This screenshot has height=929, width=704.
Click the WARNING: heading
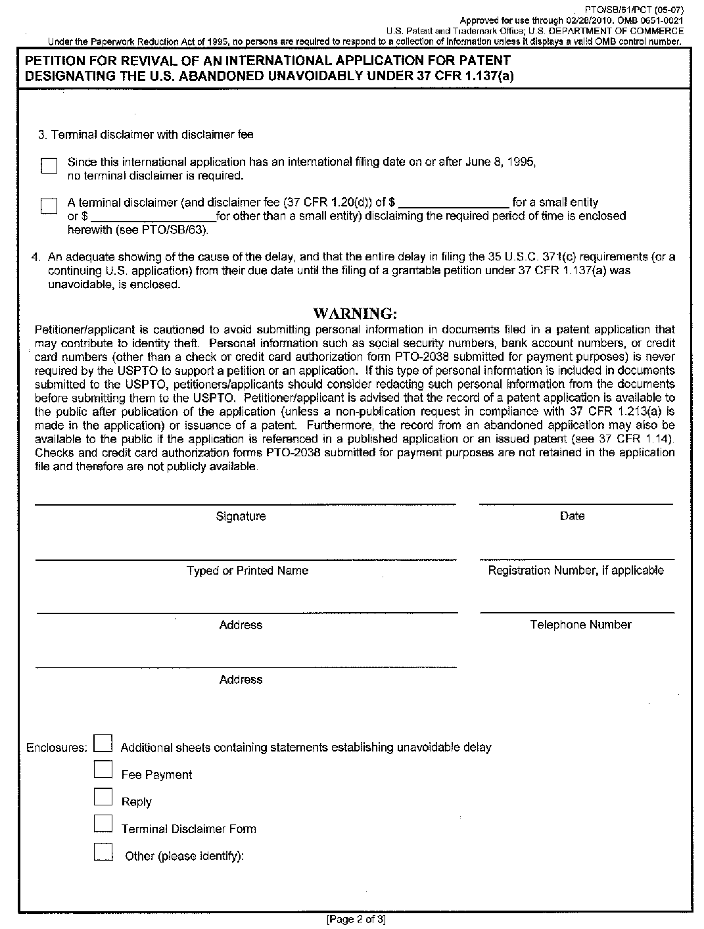pos(355,313)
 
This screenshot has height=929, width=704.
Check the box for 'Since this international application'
pos(49,166)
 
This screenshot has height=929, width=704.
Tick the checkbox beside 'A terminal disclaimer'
pos(49,206)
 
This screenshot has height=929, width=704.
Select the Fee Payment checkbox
pos(103,770)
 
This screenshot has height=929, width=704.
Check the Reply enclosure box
pos(103,797)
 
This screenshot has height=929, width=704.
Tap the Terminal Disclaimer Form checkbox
pos(103,824)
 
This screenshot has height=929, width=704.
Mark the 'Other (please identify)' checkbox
pos(103,851)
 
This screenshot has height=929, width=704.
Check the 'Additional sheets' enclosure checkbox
pos(103,743)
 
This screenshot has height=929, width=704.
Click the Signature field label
pos(241,517)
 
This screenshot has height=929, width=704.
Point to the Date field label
pos(572,517)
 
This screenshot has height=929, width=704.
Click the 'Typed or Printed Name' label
pos(247,571)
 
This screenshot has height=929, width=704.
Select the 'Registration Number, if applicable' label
pos(576,571)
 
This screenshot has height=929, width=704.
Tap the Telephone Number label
pos(580,625)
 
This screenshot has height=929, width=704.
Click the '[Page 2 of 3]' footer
pos(356,920)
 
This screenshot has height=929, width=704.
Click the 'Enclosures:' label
pos(57,748)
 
